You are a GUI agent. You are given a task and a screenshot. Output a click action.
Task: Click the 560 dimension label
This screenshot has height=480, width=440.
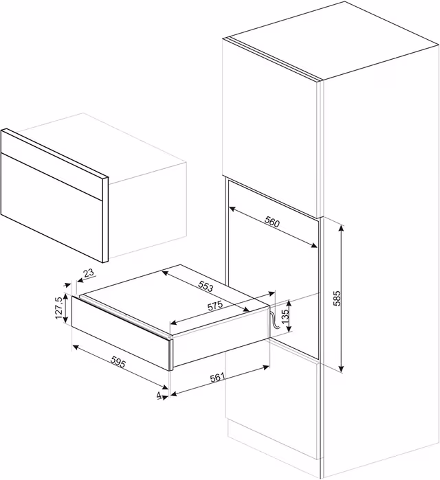(272, 222)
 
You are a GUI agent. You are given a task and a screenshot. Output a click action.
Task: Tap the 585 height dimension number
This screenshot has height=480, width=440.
(336, 298)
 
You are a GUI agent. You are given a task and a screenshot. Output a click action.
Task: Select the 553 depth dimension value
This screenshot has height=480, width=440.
(206, 286)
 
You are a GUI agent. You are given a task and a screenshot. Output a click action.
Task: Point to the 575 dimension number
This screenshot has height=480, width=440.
(215, 306)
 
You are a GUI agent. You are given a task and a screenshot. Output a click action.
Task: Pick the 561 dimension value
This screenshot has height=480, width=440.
(217, 378)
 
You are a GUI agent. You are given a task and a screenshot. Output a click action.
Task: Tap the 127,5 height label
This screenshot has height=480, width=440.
(59, 308)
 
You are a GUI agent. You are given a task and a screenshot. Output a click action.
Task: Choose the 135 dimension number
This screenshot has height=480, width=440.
(285, 317)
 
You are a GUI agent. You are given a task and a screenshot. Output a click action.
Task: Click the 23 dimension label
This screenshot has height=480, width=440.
(89, 273)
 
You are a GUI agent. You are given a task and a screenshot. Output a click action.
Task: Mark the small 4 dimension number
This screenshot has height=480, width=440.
(159, 396)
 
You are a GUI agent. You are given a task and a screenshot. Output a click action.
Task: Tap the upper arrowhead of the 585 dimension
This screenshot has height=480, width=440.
(342, 228)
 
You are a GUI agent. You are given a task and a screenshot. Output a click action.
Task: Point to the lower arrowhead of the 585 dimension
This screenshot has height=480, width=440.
(342, 369)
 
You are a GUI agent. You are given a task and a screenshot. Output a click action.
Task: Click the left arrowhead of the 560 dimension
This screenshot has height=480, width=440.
(232, 209)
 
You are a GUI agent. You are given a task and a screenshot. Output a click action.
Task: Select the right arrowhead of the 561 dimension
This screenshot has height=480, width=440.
(265, 367)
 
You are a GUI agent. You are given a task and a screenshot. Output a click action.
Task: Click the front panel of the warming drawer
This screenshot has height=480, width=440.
(121, 333)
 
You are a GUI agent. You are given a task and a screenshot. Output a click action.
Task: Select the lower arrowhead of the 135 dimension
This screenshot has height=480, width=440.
(289, 329)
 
